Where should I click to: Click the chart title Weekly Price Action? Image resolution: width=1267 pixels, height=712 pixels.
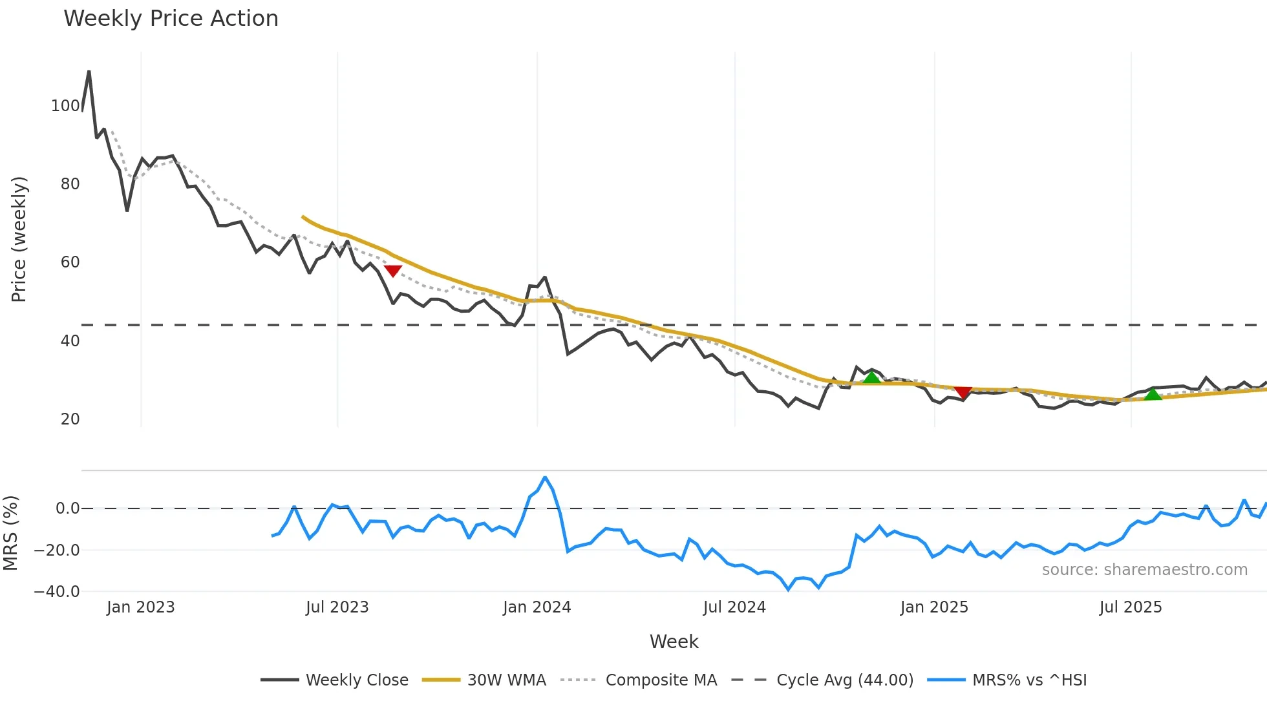[171, 19]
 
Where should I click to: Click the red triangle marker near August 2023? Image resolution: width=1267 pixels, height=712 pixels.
[392, 270]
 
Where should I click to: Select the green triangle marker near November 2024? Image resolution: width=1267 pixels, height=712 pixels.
[871, 377]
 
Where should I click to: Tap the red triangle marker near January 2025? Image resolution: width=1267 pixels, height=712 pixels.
[963, 392]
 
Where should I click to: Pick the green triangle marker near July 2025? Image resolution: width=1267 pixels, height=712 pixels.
[1153, 394]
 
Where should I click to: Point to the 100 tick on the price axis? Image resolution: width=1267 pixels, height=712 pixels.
[65, 106]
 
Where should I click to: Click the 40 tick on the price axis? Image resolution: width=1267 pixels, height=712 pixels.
[70, 341]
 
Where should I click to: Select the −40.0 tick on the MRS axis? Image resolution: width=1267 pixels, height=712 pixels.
[57, 592]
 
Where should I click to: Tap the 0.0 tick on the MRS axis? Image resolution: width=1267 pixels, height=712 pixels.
[67, 508]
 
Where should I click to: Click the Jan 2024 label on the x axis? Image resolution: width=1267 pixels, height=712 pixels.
[537, 607]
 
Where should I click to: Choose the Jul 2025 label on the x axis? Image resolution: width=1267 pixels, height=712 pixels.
[1130, 607]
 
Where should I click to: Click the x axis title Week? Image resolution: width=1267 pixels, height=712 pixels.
[674, 642]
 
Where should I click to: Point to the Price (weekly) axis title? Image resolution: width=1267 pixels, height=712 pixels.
[19, 239]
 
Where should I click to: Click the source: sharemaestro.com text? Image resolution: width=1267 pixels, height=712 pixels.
[1144, 570]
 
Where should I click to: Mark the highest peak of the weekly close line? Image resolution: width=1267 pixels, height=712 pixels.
[89, 71]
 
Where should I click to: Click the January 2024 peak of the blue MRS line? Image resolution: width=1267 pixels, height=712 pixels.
[545, 477]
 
